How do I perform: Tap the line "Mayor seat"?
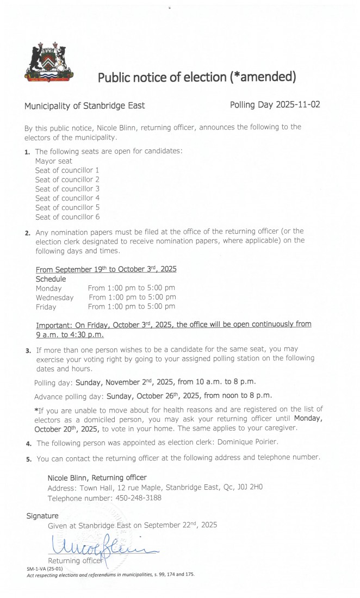[53, 161]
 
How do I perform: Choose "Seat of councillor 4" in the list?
[67, 198]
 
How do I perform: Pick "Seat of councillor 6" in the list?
[67, 216]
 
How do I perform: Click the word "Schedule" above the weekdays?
[51, 278]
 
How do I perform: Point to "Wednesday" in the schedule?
[54, 297]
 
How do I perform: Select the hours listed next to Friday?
[132, 307]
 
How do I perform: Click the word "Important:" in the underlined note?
[54, 324]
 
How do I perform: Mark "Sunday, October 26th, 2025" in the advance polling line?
[163, 395]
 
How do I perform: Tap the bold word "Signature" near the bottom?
[42, 515]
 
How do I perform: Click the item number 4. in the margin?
[28, 444]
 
